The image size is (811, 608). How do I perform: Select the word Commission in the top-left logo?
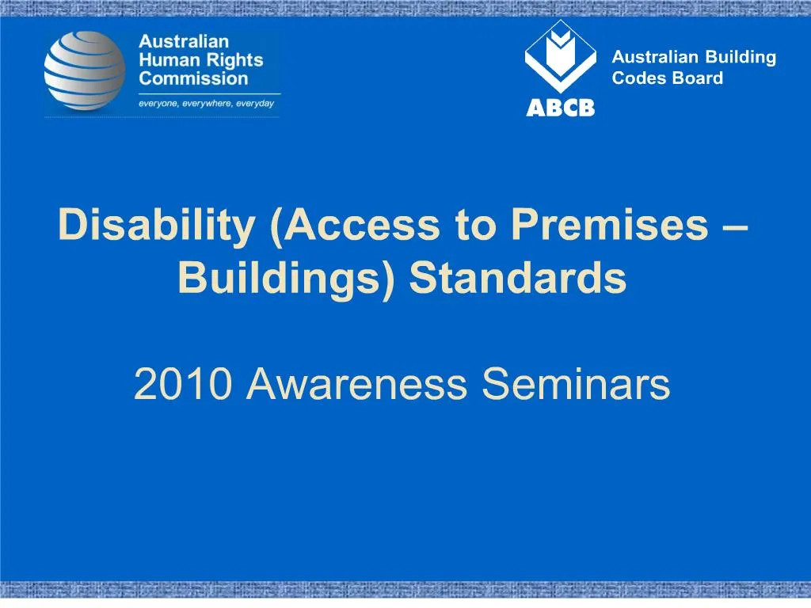click(x=194, y=78)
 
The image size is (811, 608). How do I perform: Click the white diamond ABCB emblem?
click(x=561, y=55)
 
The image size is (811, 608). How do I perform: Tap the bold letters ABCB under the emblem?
click(x=561, y=108)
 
